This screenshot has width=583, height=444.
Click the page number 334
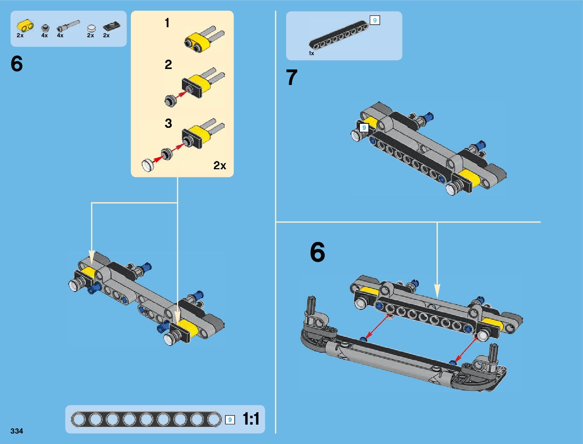17,431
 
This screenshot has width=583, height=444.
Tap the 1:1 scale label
251,419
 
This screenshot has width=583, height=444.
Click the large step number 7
292,78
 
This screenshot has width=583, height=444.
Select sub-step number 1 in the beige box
167,23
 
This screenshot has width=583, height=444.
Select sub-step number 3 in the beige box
168,123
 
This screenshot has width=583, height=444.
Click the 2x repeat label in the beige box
220,165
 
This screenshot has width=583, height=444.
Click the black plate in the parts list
111,26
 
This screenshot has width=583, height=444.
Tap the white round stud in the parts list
91,28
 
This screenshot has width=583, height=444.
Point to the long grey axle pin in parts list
68,26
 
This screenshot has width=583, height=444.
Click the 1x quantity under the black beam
311,53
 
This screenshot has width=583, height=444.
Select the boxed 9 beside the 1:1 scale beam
230,420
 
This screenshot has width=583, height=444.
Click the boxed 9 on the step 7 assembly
364,128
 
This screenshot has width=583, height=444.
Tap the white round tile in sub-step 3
148,164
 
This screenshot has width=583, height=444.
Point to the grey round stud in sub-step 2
170,101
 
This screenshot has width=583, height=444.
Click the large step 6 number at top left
17,64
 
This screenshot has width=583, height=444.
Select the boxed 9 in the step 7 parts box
375,21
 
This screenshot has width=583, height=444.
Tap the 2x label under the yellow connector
20,35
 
